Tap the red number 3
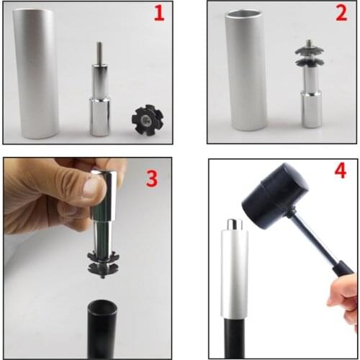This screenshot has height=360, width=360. click(x=151, y=178)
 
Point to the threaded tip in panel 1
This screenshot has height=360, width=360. click(x=99, y=53)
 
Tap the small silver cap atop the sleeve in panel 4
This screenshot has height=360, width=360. click(x=233, y=225)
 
